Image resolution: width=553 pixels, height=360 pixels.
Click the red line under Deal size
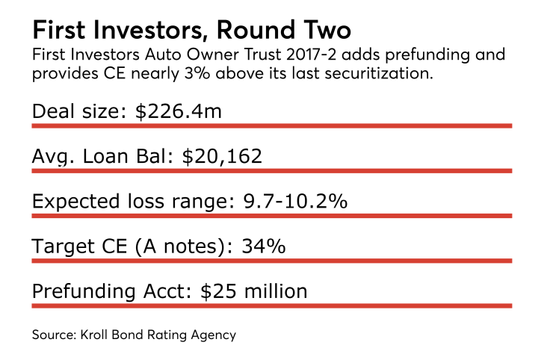pyautogui.click(x=271, y=125)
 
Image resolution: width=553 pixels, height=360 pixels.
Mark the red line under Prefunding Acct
pyautogui.click(x=271, y=305)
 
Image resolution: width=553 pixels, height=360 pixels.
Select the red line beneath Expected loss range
pyautogui.click(x=271, y=216)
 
